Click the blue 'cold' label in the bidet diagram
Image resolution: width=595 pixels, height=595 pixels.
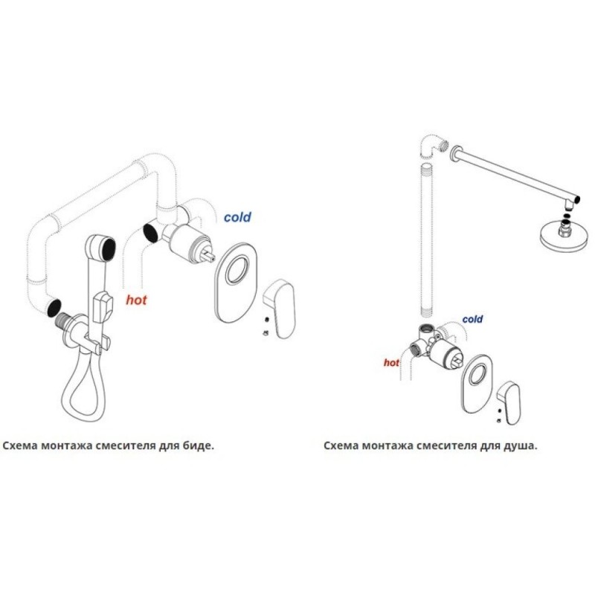237,217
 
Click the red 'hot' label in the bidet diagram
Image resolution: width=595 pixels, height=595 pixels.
136,300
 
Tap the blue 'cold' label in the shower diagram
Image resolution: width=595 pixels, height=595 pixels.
472,319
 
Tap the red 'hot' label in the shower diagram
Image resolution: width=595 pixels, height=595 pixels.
391,363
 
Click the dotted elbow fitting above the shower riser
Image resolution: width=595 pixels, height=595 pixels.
434,145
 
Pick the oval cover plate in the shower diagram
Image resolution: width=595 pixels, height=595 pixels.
477,383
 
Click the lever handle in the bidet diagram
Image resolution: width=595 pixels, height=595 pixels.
280,308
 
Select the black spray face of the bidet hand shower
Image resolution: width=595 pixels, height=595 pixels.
109,249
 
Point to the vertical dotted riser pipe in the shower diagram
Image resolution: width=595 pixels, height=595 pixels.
427,239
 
